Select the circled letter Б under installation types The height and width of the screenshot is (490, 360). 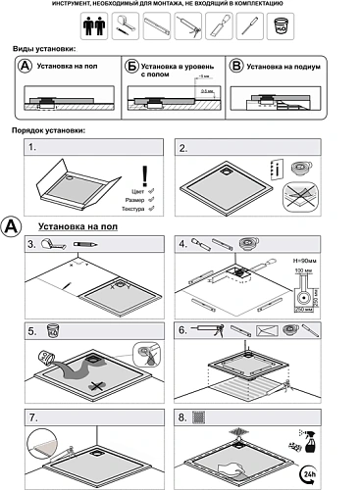coord(130,67)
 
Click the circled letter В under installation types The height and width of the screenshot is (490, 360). coord(235,67)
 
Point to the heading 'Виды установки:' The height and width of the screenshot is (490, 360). coord(44,48)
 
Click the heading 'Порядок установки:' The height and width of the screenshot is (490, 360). coord(49,129)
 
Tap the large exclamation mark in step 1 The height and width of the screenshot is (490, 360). coord(144,175)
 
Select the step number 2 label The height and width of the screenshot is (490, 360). coord(182,148)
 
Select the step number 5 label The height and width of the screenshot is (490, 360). coord(32,330)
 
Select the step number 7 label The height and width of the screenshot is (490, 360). coord(32,416)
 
